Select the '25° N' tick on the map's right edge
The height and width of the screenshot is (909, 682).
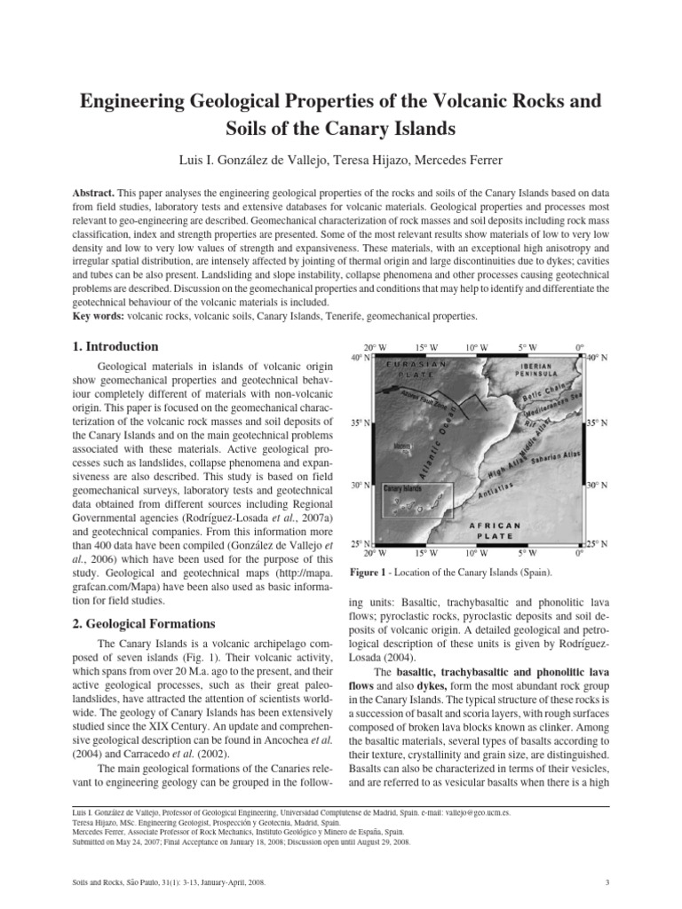[597, 542]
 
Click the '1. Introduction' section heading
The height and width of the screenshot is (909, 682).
[115, 346]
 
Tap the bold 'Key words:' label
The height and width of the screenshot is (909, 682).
[98, 316]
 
